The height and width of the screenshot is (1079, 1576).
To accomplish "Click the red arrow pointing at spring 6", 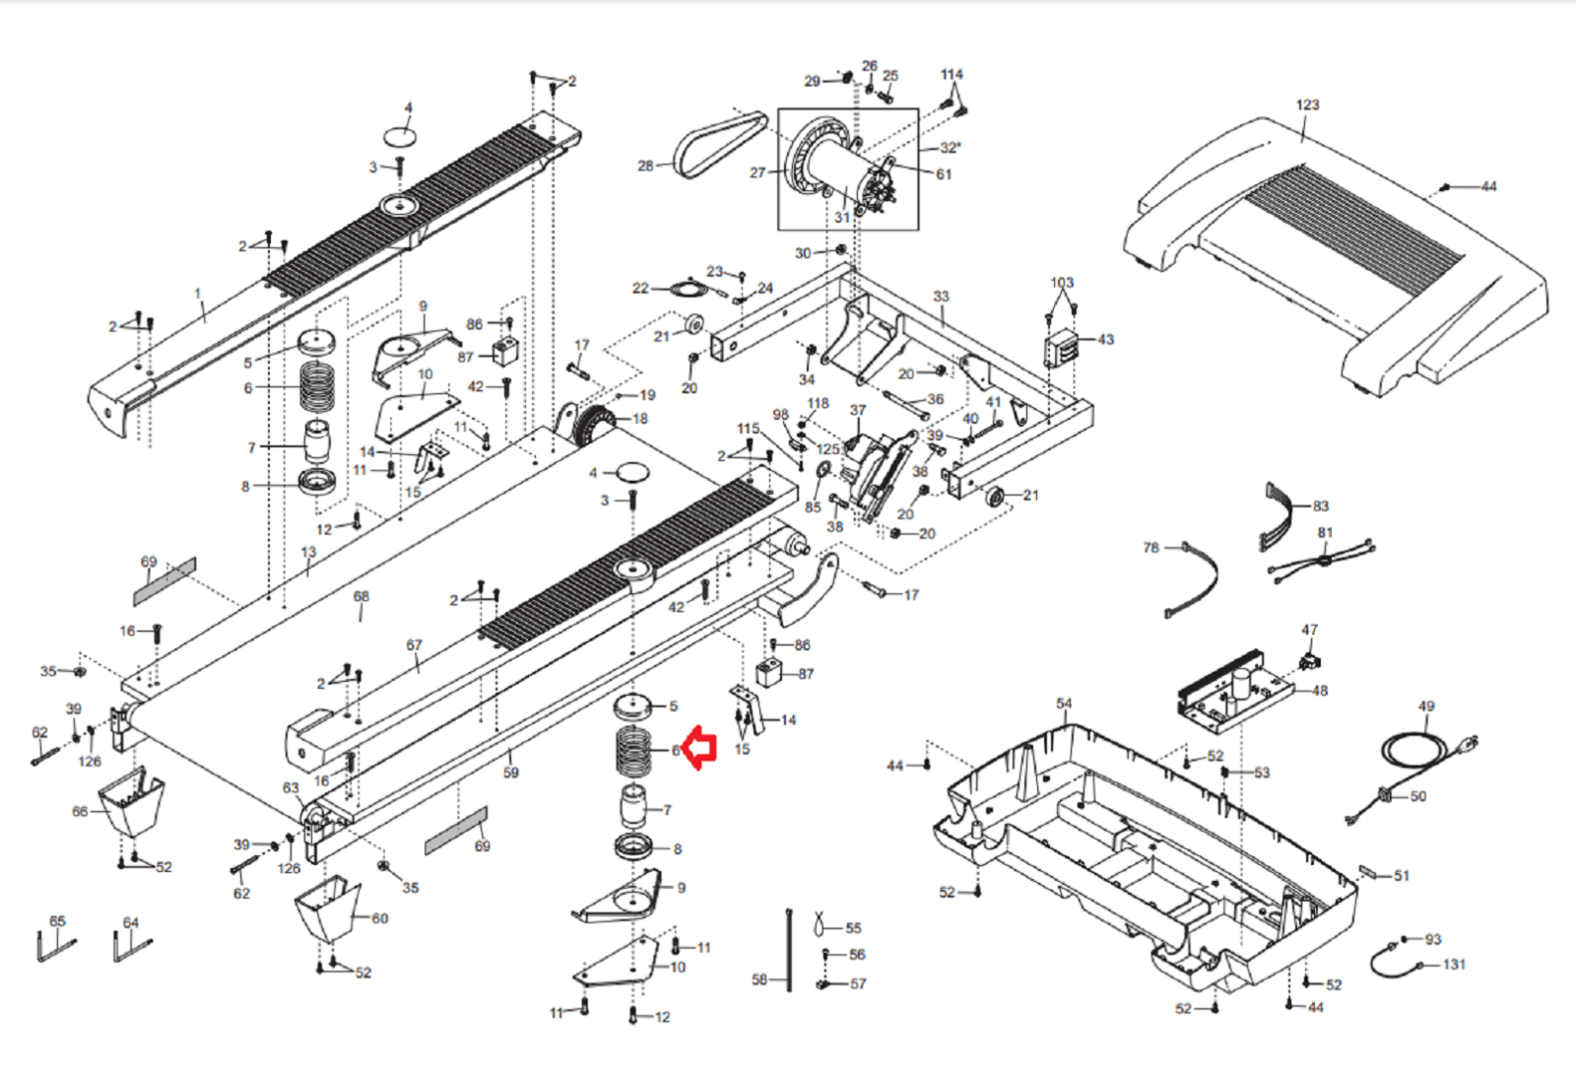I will (x=700, y=749).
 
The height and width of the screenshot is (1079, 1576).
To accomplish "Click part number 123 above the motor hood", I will (x=1307, y=105).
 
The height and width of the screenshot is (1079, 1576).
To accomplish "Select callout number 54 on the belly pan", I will (x=1064, y=704).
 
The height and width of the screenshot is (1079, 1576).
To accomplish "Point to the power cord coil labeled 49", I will (x=1418, y=749).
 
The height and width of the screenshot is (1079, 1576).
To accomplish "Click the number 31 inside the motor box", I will (x=842, y=217).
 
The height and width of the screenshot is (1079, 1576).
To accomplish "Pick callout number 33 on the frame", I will (x=941, y=297).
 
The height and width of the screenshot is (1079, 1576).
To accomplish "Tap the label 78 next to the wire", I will (x=1150, y=548).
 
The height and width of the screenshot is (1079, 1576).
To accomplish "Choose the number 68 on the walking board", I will (x=361, y=597).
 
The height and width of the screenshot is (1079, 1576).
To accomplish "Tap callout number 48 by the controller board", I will (x=1320, y=691).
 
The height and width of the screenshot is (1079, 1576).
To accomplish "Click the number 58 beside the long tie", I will (x=759, y=979).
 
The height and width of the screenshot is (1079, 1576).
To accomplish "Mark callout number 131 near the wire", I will (x=1454, y=965).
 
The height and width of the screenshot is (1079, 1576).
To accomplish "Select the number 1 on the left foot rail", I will (x=198, y=294).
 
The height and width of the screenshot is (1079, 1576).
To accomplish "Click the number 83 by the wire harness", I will (x=1321, y=506).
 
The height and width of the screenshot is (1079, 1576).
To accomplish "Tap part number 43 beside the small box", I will (x=1105, y=340).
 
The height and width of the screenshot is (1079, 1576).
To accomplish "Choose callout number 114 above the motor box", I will (x=952, y=75).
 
